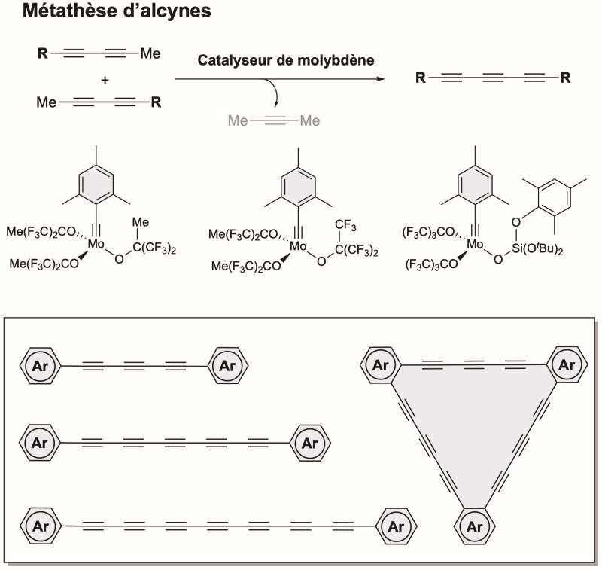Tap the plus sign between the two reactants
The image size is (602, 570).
coord(105,81)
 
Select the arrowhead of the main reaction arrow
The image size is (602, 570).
coord(381,79)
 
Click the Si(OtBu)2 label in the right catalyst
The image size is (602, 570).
coord(537,249)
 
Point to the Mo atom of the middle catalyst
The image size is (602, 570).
coord(298,246)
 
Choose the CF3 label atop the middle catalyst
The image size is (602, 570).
coord(345,225)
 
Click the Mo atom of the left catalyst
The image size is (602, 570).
coord(96,244)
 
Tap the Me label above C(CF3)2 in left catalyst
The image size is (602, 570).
coord(140,222)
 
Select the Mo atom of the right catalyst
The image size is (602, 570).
coord(475,244)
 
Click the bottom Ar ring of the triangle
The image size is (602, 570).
coord(474,526)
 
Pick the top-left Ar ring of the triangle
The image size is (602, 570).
coord(381,365)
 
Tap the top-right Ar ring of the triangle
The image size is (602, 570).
coord(567,364)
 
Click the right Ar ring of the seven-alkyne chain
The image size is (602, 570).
coord(396,526)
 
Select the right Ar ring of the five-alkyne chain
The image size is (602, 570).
coord(310,443)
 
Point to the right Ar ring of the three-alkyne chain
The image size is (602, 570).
coord(228,365)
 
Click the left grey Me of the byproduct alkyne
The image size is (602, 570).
coord(238,121)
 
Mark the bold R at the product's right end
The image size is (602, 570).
coord(565,78)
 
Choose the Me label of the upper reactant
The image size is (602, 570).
coord(150,53)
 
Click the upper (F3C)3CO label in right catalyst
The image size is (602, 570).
coord(428,233)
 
